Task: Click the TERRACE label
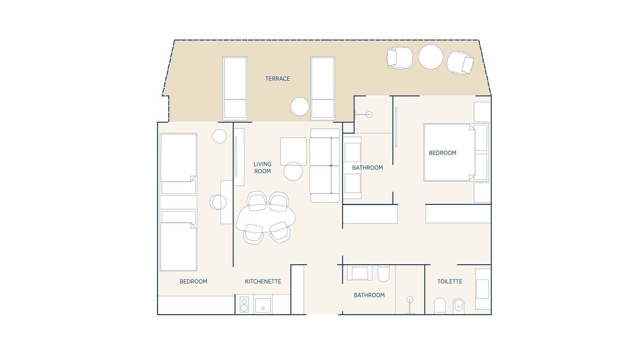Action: [x=277, y=79]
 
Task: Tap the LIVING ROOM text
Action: [x=262, y=168]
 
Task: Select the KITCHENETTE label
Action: [x=263, y=281]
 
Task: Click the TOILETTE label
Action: [x=449, y=281]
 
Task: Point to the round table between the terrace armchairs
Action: [x=430, y=57]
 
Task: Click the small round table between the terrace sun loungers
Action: [x=300, y=107]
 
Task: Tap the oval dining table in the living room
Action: [x=266, y=218]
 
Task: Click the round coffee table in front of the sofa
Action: [x=293, y=171]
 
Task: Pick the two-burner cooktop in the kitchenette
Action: [x=244, y=304]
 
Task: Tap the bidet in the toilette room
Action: [x=459, y=306]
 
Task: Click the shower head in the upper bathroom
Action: [x=368, y=114]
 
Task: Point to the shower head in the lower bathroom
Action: [x=410, y=300]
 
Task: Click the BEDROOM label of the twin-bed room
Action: [x=193, y=281]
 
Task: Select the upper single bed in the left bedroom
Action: [x=178, y=163]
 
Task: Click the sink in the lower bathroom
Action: [x=359, y=273]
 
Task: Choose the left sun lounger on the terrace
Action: [x=235, y=88]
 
